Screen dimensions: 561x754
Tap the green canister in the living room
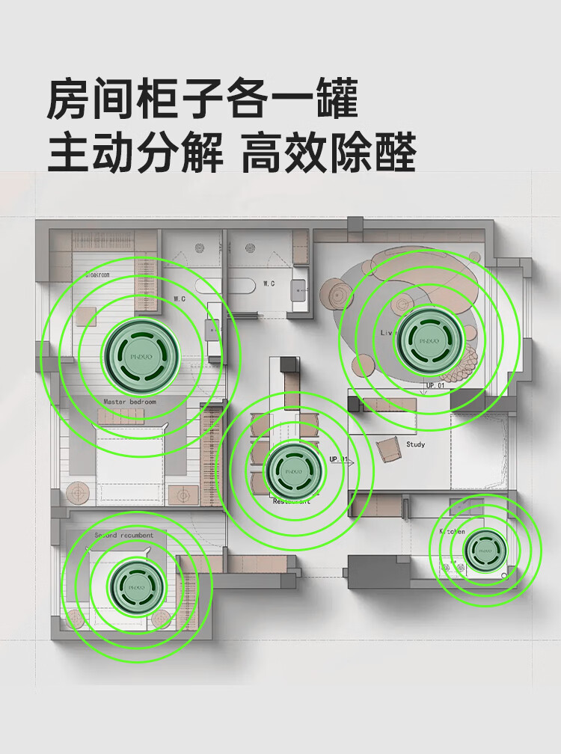click(426, 338)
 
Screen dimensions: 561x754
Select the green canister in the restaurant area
click(297, 472)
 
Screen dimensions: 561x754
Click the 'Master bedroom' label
click(130, 402)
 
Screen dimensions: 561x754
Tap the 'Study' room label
click(415, 444)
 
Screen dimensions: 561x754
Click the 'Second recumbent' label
click(124, 536)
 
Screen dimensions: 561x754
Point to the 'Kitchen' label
click(452, 530)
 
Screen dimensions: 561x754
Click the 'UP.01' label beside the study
click(339, 459)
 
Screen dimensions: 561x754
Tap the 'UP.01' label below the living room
click(435, 386)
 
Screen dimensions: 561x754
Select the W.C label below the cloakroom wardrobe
click(180, 298)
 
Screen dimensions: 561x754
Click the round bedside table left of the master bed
click(78, 493)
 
